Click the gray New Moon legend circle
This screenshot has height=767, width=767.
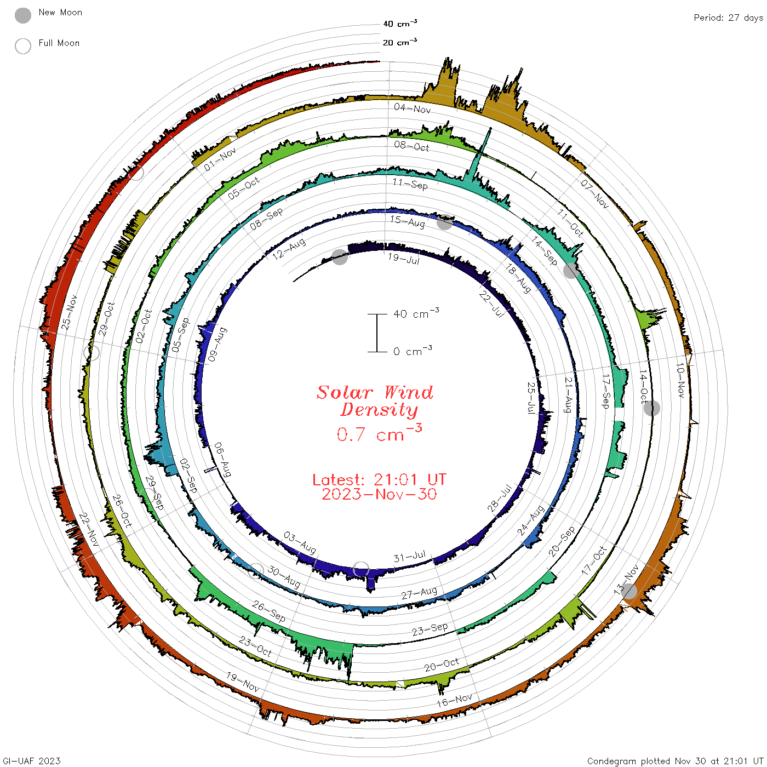tap(22, 15)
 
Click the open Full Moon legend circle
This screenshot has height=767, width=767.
tap(22, 46)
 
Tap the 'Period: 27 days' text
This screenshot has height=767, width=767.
tap(729, 18)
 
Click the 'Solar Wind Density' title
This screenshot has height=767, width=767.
tap(375, 401)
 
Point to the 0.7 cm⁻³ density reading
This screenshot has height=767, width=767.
tap(379, 433)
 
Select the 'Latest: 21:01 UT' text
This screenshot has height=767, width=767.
tap(379, 479)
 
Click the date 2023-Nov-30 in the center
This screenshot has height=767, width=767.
tap(379, 494)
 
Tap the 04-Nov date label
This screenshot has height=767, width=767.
tap(413, 108)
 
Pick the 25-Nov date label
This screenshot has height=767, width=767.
tap(69, 313)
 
